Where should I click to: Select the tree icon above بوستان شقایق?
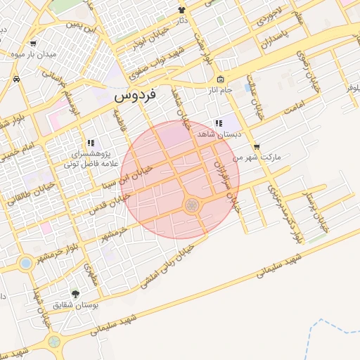(x=75, y=293)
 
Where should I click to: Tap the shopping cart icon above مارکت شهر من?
(x=257, y=147)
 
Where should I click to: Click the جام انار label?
(x=219, y=91)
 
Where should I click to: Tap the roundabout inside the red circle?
(x=191, y=205)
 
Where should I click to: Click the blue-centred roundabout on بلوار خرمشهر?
(x=26, y=263)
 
